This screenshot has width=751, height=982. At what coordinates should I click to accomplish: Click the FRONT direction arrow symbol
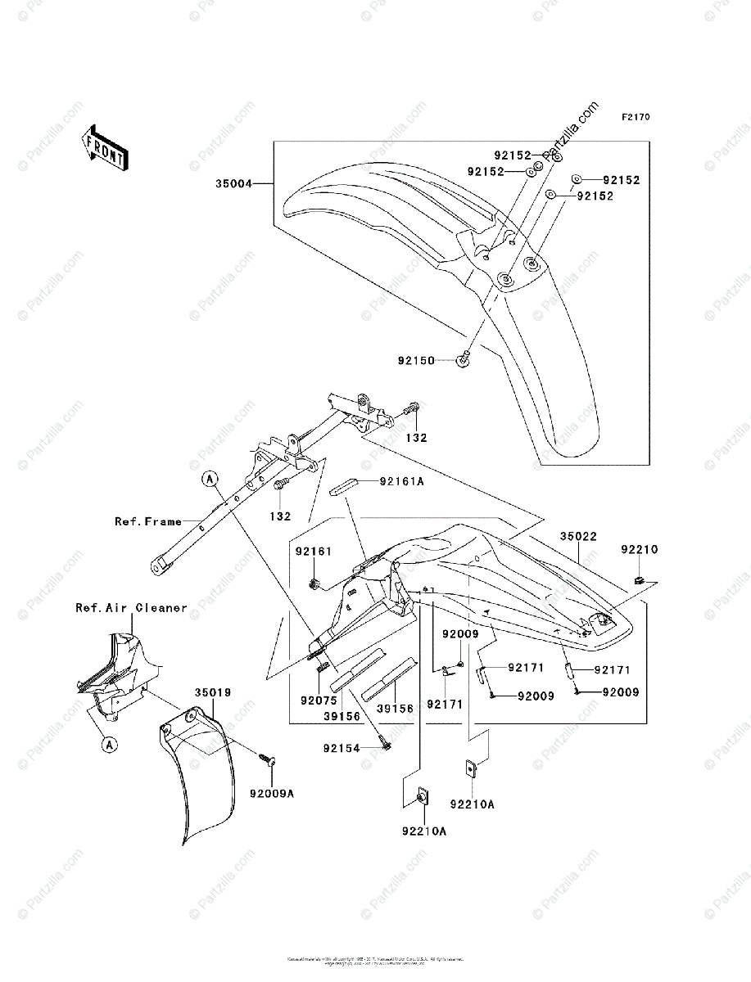pyautogui.click(x=103, y=146)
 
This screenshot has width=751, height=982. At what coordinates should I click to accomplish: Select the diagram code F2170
pyautogui.click(x=635, y=117)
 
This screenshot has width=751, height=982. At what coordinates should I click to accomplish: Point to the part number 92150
pyautogui.click(x=416, y=360)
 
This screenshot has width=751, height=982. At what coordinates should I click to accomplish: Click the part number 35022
pyautogui.click(x=579, y=538)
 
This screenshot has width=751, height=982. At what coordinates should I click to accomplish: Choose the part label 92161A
pyautogui.click(x=403, y=482)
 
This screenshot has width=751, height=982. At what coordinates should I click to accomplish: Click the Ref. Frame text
pyautogui.click(x=148, y=521)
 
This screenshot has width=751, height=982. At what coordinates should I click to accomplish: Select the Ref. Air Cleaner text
pyautogui.click(x=131, y=608)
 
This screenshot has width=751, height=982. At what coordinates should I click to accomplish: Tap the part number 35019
pyautogui.click(x=212, y=692)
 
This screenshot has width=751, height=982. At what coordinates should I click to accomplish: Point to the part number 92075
pyautogui.click(x=317, y=700)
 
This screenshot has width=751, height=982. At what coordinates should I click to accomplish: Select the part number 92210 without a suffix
pyautogui.click(x=639, y=549)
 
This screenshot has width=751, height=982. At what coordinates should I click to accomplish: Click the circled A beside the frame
pyautogui.click(x=210, y=478)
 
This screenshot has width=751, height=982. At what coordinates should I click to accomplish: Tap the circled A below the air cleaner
pyautogui.click(x=109, y=745)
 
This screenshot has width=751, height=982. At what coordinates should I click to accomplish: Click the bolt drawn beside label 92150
pyautogui.click(x=463, y=358)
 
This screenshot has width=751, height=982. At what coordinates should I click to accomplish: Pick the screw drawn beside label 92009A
pyautogui.click(x=267, y=758)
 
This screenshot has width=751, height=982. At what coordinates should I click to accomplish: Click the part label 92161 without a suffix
pyautogui.click(x=313, y=552)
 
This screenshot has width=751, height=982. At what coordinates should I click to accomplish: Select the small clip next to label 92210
pyautogui.click(x=639, y=581)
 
